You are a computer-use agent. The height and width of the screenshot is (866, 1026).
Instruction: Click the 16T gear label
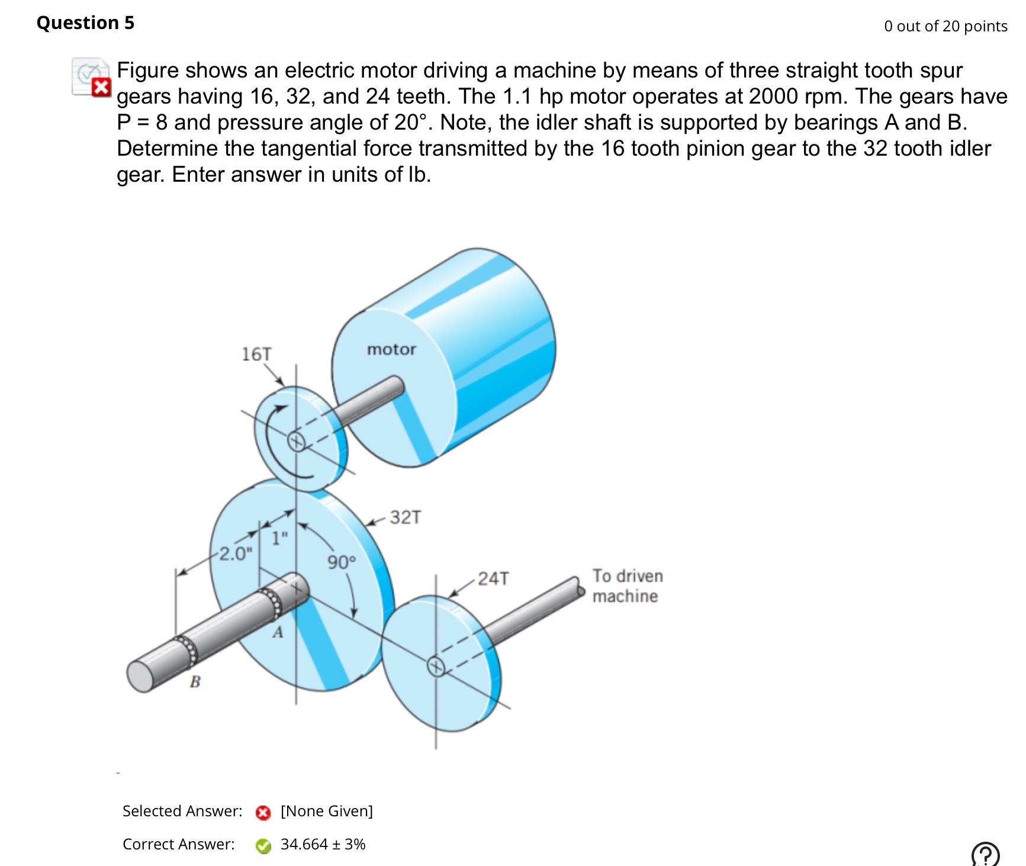256,354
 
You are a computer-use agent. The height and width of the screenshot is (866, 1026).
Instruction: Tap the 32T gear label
405,517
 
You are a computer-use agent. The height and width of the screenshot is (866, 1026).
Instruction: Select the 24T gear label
493,578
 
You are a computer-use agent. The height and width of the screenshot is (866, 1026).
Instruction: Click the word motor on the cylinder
391,349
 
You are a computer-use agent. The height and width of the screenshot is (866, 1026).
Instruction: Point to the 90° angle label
342,562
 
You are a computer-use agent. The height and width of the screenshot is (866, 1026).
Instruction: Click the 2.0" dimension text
235,553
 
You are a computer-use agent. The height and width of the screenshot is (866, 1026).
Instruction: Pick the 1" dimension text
279,538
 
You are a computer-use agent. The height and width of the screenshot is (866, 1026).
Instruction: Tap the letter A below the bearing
278,633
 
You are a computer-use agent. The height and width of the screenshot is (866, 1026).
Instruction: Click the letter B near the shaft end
195,682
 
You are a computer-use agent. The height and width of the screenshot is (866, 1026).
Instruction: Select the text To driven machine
627,585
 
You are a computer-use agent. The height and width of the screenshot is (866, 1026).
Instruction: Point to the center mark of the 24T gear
436,667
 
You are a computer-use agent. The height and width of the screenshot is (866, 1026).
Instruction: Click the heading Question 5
85,22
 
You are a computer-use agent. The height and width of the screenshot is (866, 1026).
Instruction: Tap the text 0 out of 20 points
945,26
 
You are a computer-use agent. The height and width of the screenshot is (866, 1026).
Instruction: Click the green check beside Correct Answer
263,846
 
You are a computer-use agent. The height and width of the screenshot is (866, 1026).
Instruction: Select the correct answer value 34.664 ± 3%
323,844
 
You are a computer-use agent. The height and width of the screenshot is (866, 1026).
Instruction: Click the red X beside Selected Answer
263,813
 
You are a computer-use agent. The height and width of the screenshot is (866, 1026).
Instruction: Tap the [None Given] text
326,811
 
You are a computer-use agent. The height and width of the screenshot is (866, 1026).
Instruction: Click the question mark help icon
985,855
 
